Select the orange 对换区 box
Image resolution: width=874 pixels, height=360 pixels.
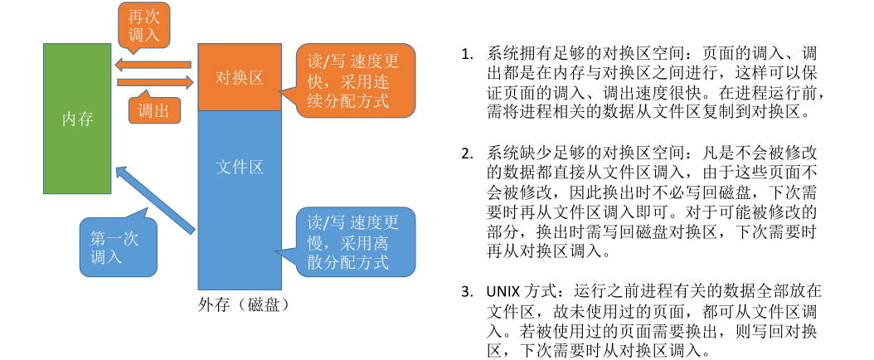(239, 77)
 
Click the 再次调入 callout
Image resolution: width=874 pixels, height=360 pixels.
(146, 24)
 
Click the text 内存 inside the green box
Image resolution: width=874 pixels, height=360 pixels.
(78, 119)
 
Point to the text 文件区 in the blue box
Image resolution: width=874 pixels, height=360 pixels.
(239, 168)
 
